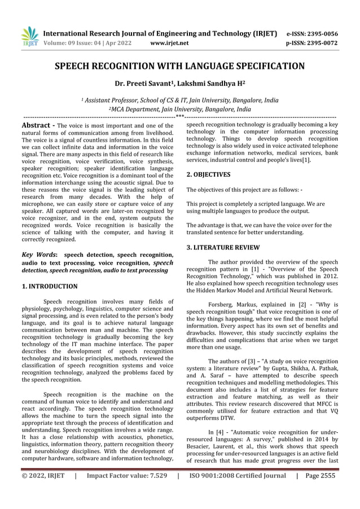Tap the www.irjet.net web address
click(x=170, y=42)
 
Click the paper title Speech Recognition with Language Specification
click(x=179, y=67)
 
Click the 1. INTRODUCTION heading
click(x=49, y=286)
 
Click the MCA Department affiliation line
click(x=179, y=109)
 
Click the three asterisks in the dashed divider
click(x=179, y=117)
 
